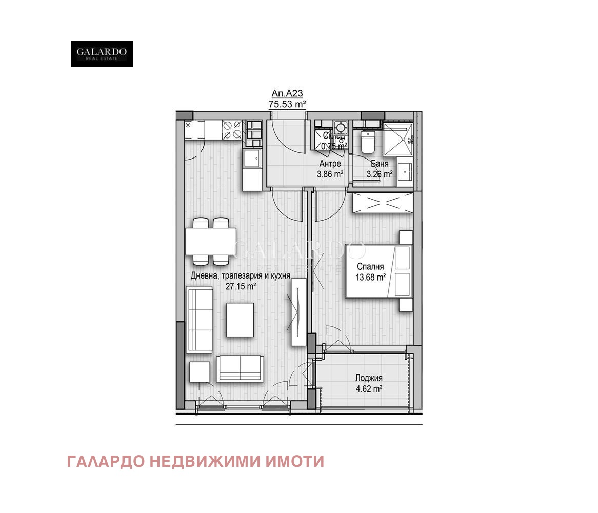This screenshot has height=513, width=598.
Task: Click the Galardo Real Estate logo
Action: coord(102,54)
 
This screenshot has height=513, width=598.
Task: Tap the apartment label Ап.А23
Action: coord(287,93)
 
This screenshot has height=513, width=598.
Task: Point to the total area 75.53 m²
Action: coord(287,104)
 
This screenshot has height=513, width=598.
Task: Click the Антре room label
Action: coord(330,164)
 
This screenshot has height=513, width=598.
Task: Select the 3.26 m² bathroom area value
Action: coord(380,174)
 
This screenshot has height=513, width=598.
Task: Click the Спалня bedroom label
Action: coord(370,267)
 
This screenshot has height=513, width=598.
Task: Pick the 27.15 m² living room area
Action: coord(241,286)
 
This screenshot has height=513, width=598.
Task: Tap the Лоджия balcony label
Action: coord(369,378)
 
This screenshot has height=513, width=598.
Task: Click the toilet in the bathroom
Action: coord(368,142)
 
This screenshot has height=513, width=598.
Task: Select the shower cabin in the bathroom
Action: coord(398,137)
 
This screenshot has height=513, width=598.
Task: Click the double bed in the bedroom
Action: coord(378,271)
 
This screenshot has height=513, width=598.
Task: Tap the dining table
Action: coord(211,241)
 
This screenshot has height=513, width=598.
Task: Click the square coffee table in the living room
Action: coord(240,320)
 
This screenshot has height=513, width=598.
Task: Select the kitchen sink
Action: coord(252,159)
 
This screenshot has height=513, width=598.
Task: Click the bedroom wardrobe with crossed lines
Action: coord(382,203)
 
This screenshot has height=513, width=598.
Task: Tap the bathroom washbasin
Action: coord(405,171)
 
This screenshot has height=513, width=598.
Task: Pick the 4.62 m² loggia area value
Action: coord(369,389)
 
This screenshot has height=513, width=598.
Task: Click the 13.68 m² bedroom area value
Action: coord(370,278)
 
